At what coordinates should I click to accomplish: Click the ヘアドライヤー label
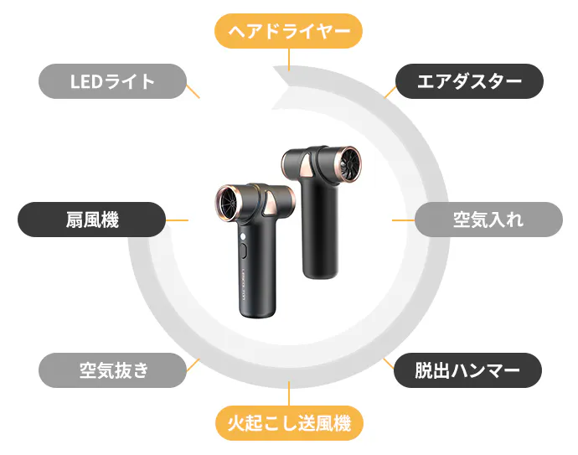288,31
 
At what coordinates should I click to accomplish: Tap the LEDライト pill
112,81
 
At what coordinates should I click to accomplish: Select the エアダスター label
469,81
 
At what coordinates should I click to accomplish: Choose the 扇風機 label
92,220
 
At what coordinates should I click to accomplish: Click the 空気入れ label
488,220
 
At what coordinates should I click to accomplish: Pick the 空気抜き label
112,370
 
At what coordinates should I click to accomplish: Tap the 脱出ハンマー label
467,370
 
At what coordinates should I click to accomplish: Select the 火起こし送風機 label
289,423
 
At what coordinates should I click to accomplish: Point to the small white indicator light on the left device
243,236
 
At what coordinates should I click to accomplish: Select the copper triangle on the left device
271,204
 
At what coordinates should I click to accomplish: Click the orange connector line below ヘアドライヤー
289,59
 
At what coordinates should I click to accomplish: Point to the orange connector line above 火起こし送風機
289,394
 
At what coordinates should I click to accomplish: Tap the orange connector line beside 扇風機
177,220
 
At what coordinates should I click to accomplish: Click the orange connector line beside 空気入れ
403,220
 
